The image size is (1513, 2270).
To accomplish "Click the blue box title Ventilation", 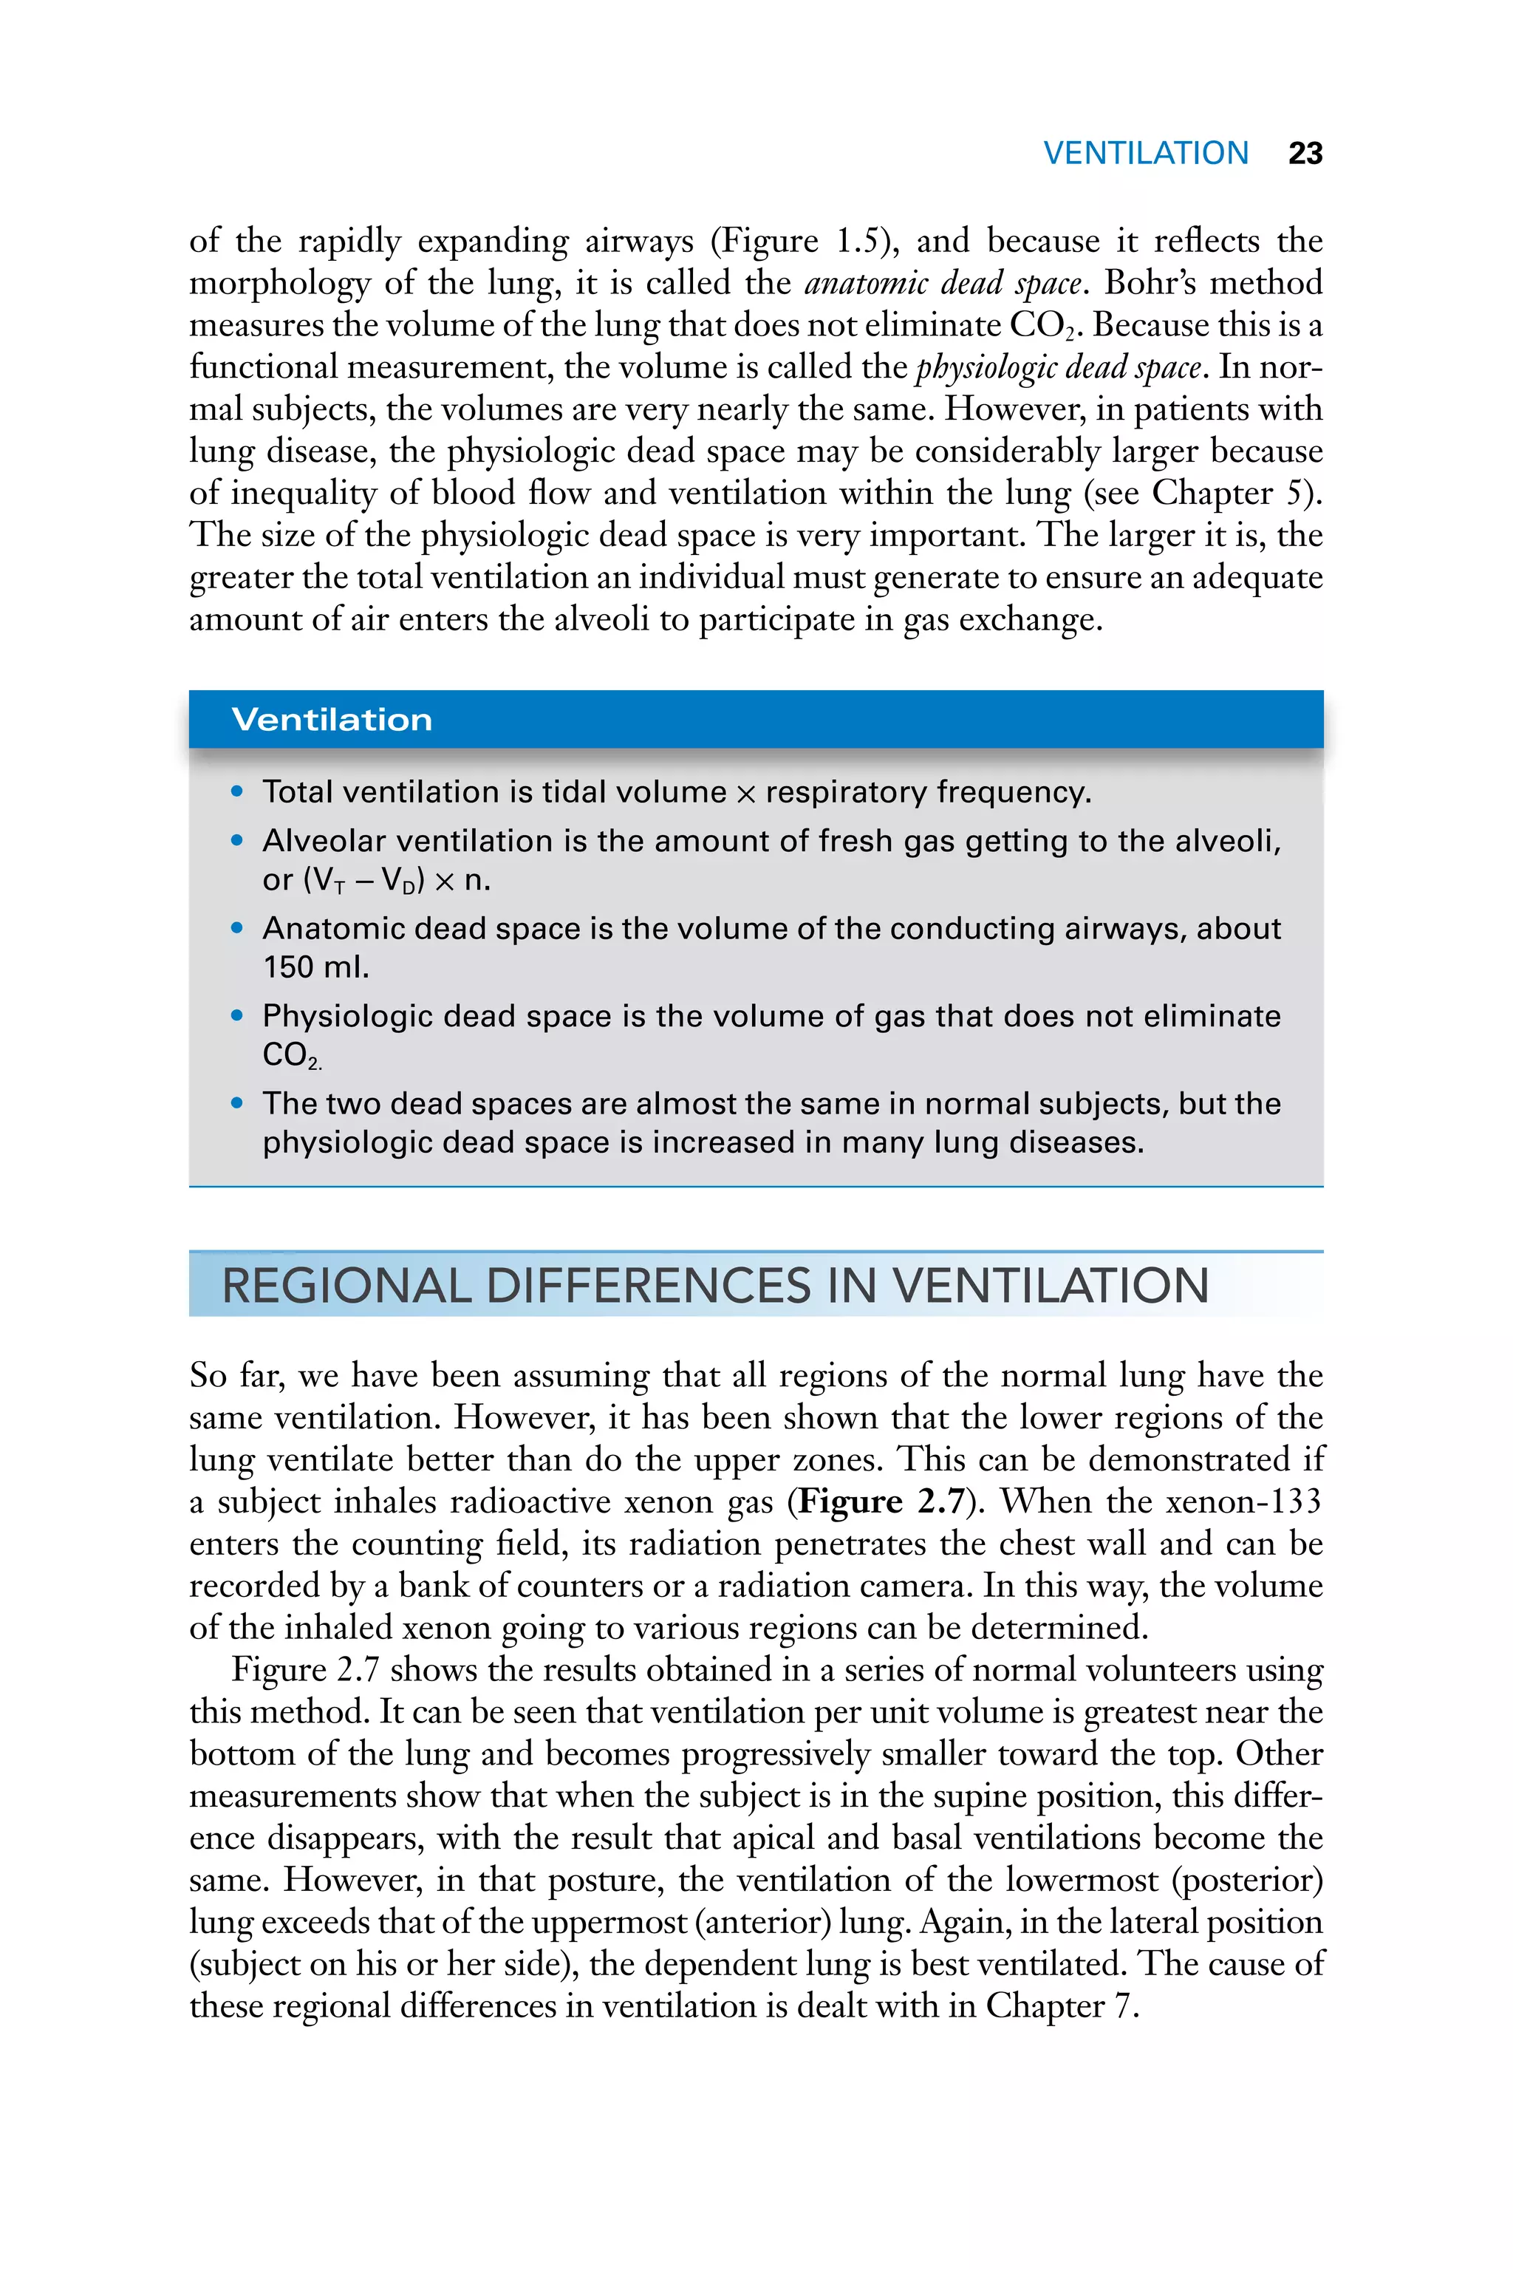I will click(332, 720).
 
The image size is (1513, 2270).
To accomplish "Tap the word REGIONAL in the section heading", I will click(346, 1286).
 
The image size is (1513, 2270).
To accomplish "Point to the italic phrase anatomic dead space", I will click(942, 284).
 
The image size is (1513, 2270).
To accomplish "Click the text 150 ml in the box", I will click(315, 967).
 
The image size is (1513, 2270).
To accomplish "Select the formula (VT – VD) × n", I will click(397, 880).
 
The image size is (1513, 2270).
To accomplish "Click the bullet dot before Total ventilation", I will click(237, 792).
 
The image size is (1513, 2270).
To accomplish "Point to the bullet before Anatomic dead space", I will click(237, 928).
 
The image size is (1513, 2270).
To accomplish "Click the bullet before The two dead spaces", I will click(237, 1103).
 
